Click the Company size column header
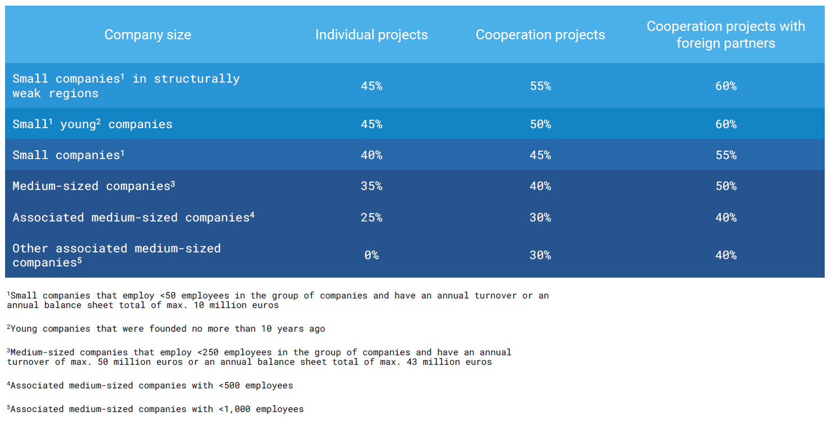pos(148,35)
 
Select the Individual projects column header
pos(371,35)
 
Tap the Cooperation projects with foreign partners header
pos(725,35)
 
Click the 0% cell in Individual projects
pos(371,255)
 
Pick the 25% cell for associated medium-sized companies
pos(371,218)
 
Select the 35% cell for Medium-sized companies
pos(371,186)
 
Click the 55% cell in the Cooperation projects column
pos(540,86)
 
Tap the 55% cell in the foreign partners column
pos(725,155)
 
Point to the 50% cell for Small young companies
pos(540,124)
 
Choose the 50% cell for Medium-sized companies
pos(725,186)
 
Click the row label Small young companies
pos(93,124)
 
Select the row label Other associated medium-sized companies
pos(116,255)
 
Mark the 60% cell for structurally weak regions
pos(725,86)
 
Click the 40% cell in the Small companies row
pos(371,155)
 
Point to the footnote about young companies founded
pos(166,329)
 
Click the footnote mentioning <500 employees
pos(150,386)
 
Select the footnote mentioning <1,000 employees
pos(156,409)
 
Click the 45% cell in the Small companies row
pos(540,155)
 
